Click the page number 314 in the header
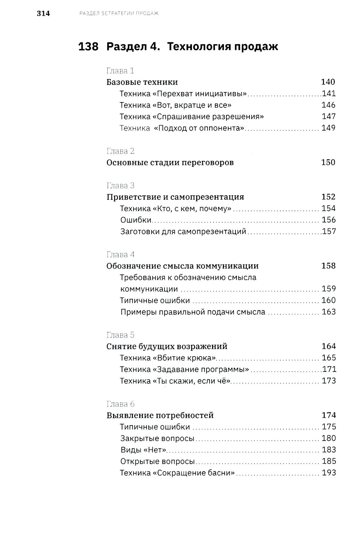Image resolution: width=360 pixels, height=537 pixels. tap(43, 14)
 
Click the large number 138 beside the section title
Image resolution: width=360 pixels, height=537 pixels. tap(88, 47)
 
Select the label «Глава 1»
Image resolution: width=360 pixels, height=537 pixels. tap(120, 70)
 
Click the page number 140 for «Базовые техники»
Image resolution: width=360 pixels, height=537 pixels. tap(328, 82)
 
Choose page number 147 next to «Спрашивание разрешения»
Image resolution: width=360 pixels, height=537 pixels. tap(328, 117)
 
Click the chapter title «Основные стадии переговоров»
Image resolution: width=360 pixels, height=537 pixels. tap(170, 163)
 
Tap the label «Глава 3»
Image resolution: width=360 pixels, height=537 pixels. tap(121, 186)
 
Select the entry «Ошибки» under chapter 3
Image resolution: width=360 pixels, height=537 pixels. tap(136, 220)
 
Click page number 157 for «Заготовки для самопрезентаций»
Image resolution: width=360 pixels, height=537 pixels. tap(329, 232)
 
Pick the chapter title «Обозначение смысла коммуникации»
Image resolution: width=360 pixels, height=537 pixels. tap(183, 266)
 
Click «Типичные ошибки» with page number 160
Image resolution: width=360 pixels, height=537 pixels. tap(155, 301)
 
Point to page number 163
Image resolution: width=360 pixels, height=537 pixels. tap(328, 312)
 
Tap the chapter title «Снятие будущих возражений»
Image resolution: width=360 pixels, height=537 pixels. tap(167, 346)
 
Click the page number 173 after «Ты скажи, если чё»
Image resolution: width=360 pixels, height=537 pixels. tap(328, 381)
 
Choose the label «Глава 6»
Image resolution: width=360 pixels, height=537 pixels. tap(121, 404)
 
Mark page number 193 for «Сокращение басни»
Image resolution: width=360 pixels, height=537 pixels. tap(328, 473)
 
